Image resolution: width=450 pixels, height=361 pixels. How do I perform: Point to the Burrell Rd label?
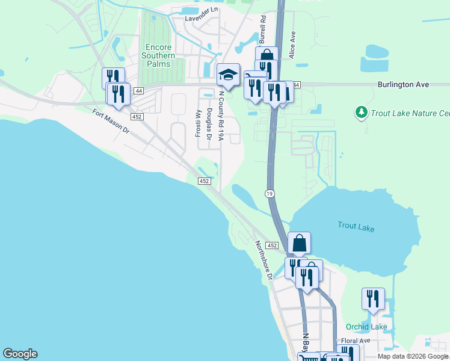pyautogui.click(x=262, y=29)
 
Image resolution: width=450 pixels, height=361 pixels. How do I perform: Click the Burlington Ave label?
pyautogui.click(x=403, y=85)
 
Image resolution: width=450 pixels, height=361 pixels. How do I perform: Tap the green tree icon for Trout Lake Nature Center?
pyautogui.click(x=361, y=113)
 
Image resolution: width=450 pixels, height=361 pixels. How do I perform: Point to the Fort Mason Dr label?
pyautogui.click(x=111, y=120)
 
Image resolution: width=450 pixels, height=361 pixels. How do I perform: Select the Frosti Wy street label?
pyautogui.click(x=197, y=123)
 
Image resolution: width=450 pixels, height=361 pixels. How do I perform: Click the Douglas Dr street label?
pyautogui.click(x=209, y=124)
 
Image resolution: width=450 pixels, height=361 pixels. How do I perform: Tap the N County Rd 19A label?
pyautogui.click(x=221, y=116)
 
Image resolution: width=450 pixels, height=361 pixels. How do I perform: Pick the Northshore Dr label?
pyautogui.click(x=264, y=260)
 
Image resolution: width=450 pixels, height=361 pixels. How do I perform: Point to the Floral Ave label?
pyautogui.click(x=355, y=341)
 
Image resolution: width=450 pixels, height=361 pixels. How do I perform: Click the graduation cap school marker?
pyautogui.click(x=228, y=75)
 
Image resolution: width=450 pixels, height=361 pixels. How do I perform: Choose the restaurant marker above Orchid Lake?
pyautogui.click(x=373, y=299)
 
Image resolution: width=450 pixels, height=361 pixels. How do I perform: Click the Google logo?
pyautogui.click(x=20, y=354)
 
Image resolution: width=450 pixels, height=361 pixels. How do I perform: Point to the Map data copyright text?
pyautogui.click(x=413, y=356)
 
